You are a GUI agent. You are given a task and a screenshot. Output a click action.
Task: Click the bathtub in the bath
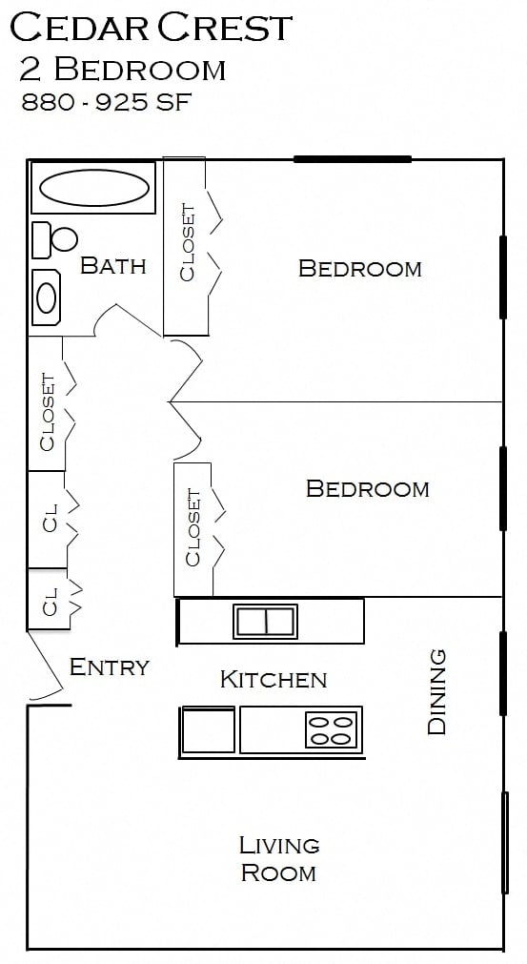click(92, 188)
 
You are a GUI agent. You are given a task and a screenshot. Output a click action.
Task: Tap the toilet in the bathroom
click(56, 239)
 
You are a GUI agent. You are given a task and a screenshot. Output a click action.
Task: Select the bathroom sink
click(47, 297)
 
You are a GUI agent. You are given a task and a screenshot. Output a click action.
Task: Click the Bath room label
click(113, 265)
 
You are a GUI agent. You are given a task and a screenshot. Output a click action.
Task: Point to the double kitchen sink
click(266, 622)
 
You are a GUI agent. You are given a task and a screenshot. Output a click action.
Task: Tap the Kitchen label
click(274, 679)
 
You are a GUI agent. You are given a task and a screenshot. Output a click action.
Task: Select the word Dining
click(437, 691)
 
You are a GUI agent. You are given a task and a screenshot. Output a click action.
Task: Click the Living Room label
click(278, 858)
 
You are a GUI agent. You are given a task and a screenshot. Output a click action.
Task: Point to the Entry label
click(110, 667)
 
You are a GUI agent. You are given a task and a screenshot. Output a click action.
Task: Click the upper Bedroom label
click(359, 268)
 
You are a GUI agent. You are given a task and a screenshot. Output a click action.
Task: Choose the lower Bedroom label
click(367, 488)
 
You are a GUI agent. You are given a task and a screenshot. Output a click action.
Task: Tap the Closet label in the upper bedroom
click(187, 243)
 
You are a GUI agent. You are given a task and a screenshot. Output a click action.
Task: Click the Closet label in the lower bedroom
click(193, 527)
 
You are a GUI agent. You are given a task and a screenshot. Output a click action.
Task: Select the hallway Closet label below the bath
click(47, 411)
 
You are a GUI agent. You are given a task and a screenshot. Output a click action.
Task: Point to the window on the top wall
click(352, 159)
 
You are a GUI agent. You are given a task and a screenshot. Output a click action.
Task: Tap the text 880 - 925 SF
click(106, 102)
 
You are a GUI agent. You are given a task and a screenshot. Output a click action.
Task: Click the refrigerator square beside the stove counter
click(209, 731)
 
